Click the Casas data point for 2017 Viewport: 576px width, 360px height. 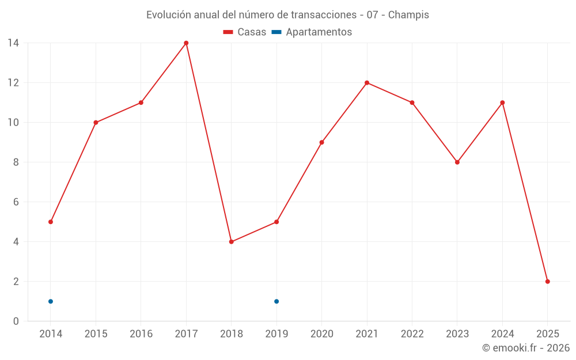(x=186, y=43)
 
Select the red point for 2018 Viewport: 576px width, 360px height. (x=231, y=242)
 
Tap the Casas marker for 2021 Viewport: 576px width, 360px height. (x=367, y=83)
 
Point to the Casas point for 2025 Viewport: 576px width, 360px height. (x=547, y=282)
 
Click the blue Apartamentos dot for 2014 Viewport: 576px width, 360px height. (x=51, y=301)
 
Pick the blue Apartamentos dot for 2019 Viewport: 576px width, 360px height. (x=276, y=301)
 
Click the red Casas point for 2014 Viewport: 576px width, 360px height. (x=51, y=222)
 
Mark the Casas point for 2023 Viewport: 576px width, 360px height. (x=457, y=162)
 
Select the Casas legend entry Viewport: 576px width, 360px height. (x=245, y=32)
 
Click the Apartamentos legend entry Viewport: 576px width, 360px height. (x=312, y=32)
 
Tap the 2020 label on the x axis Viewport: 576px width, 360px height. (x=321, y=334)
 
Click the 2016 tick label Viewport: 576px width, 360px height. (x=141, y=334)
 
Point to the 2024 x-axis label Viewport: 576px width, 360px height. (x=502, y=334)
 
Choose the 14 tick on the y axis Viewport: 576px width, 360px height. (x=13, y=43)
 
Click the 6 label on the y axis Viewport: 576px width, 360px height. (x=16, y=202)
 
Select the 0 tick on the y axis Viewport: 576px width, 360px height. (x=16, y=321)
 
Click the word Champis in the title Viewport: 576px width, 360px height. (x=408, y=15)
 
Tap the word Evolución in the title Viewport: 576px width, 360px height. (x=167, y=15)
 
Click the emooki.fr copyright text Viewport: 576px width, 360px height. (x=525, y=348)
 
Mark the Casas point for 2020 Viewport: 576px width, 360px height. (x=321, y=142)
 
